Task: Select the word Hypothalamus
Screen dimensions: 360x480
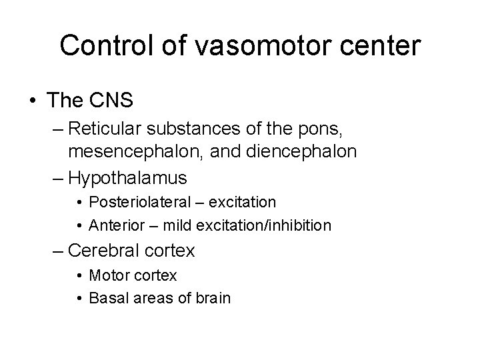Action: pyautogui.click(x=128, y=177)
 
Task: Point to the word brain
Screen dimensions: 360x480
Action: pyautogui.click(x=213, y=298)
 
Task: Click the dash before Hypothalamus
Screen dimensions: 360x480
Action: pyautogui.click(x=59, y=177)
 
